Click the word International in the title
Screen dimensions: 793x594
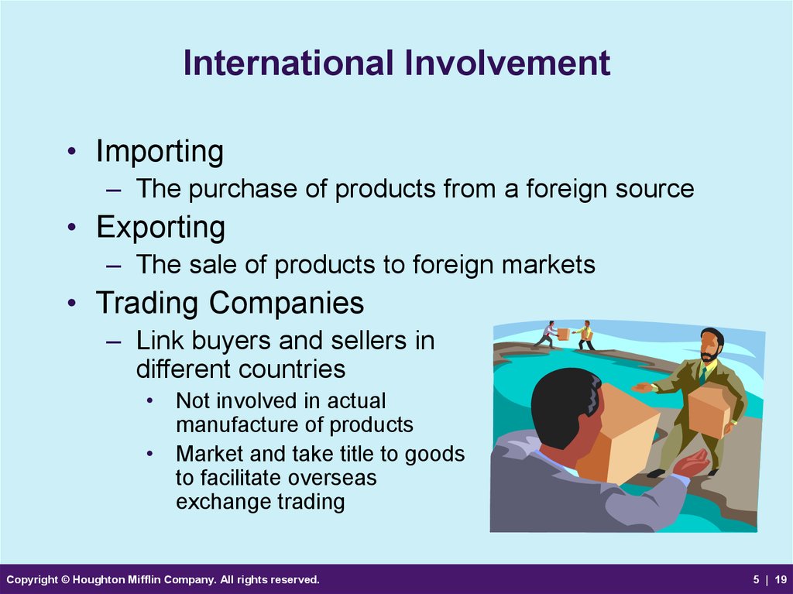(x=288, y=63)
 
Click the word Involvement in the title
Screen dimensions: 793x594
(x=507, y=63)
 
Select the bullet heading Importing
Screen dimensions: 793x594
(x=160, y=152)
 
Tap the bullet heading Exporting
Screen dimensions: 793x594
(x=161, y=228)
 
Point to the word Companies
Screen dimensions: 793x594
(x=287, y=304)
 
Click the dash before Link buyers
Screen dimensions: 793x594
(x=114, y=342)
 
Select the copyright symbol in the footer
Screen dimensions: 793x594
(x=65, y=580)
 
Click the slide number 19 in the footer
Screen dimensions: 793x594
(x=781, y=579)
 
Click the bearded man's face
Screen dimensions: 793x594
(x=709, y=347)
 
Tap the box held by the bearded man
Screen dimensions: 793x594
(x=709, y=410)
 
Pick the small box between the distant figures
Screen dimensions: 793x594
(x=563, y=334)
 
